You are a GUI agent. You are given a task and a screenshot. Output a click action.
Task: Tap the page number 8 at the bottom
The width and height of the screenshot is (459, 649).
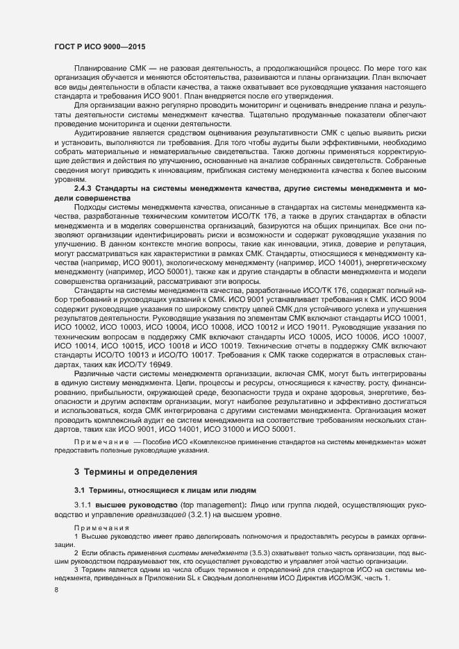pyautogui.click(x=56, y=590)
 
